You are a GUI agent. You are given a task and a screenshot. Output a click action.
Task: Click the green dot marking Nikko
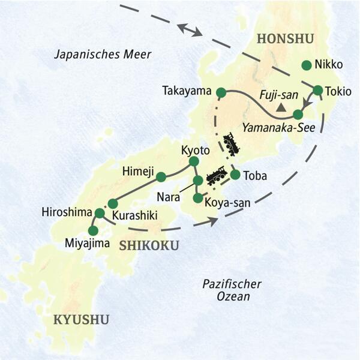[x=307, y=65]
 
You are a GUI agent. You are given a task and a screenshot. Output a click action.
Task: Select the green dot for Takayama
[x=221, y=92]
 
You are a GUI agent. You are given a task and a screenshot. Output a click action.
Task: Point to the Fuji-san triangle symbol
[x=280, y=108]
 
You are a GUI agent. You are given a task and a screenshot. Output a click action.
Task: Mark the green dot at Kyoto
[x=194, y=161]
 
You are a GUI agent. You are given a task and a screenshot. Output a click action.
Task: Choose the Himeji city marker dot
[x=161, y=176]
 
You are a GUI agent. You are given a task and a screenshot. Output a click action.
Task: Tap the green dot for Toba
[x=235, y=175]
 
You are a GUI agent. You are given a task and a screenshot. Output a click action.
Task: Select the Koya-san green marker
[x=197, y=197]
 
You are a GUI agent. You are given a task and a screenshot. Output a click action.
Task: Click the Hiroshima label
[x=67, y=212]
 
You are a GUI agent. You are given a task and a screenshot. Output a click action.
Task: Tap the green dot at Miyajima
[x=93, y=230]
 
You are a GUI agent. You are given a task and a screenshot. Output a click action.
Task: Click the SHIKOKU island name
[x=144, y=245]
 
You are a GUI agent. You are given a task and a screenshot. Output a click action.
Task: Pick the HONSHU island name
[x=286, y=40]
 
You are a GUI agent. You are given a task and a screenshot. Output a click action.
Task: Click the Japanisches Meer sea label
[x=103, y=55]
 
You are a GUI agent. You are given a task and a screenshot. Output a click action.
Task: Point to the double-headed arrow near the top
[x=190, y=29]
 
